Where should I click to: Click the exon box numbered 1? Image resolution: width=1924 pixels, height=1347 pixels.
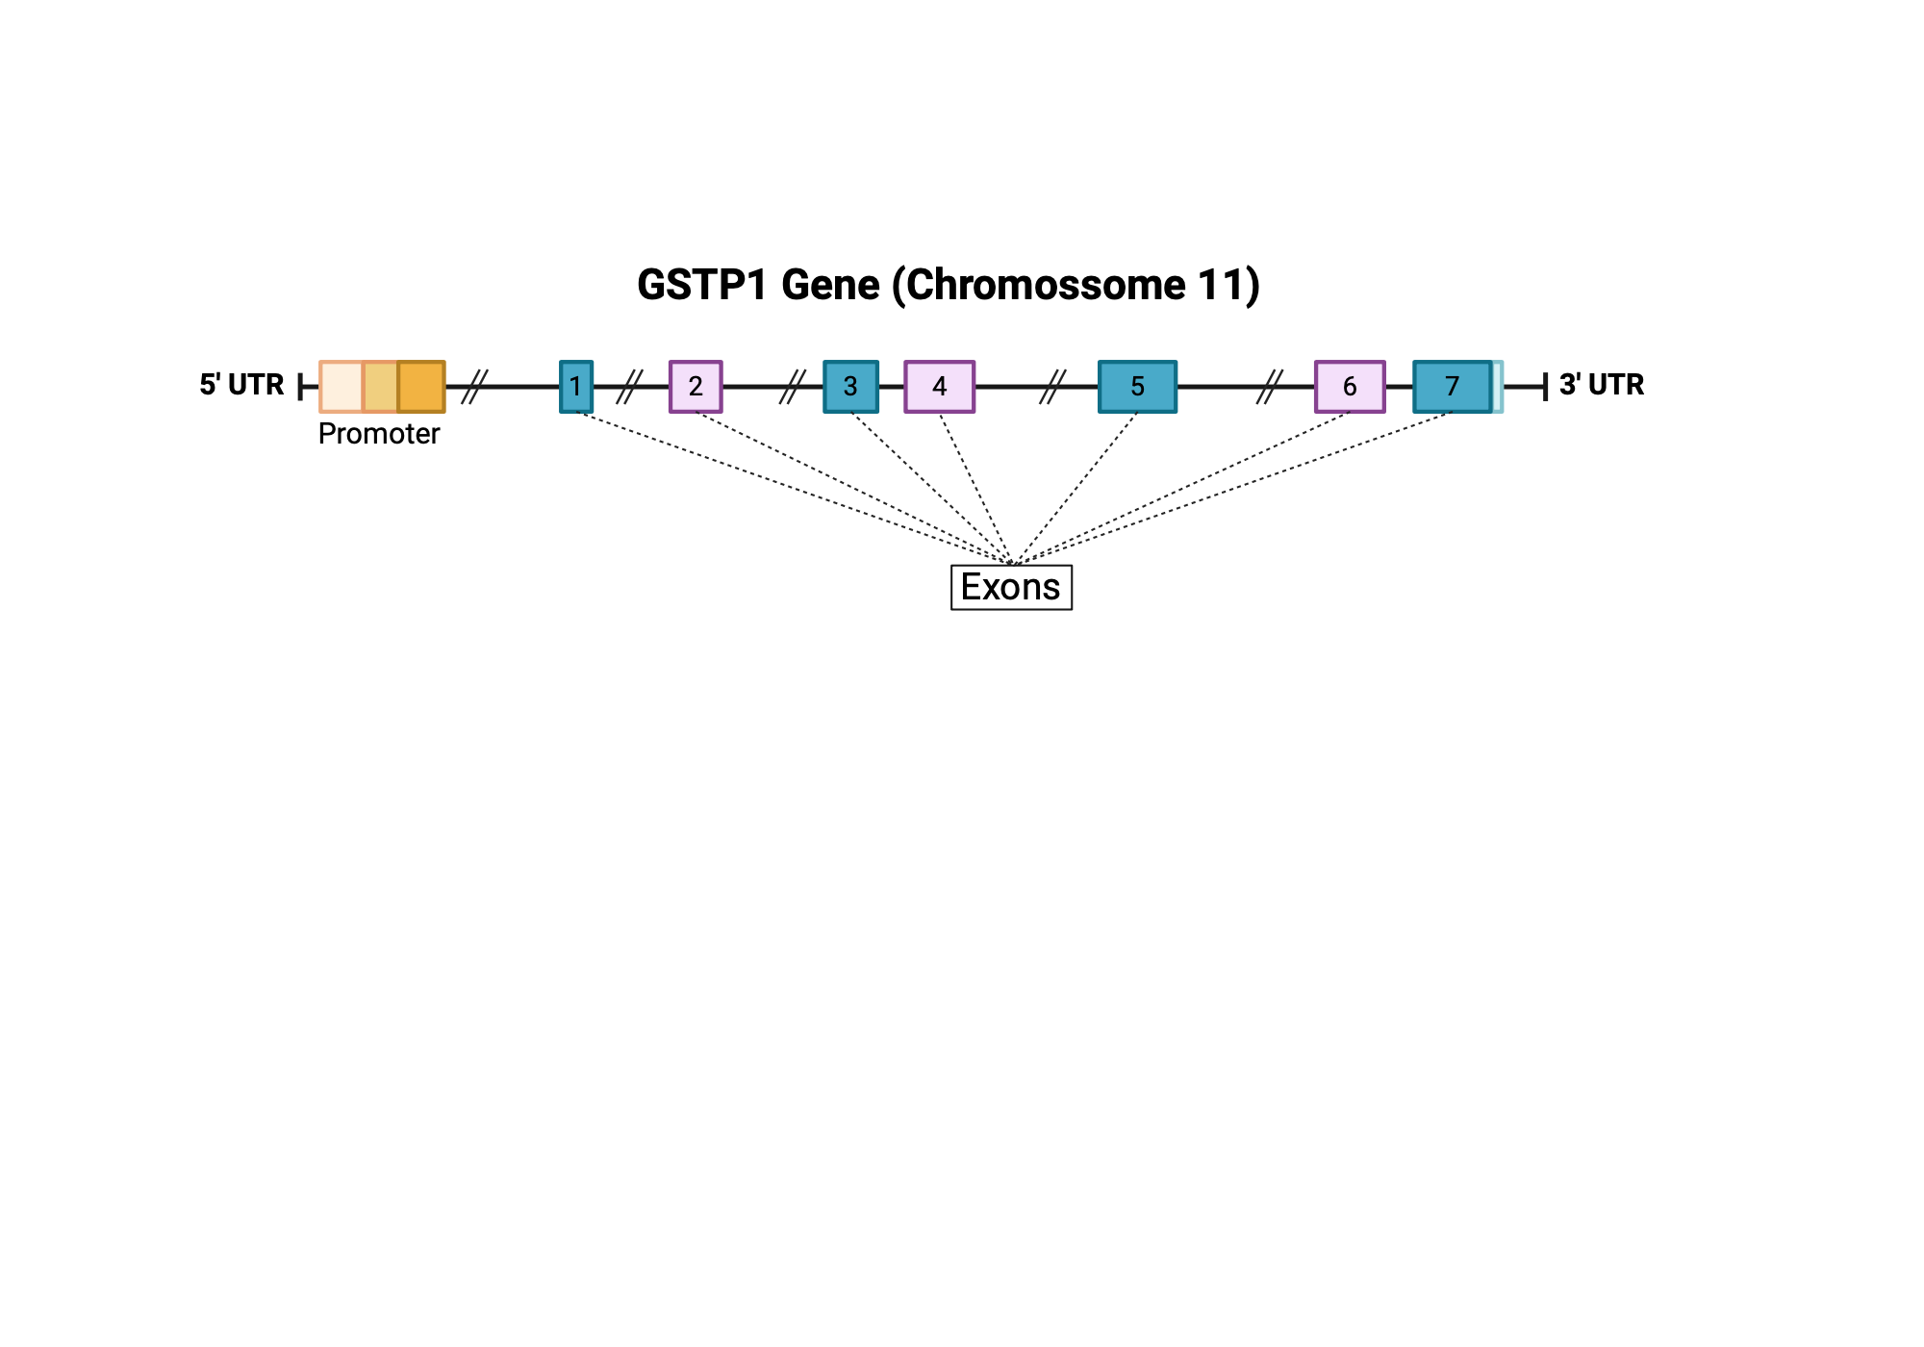575,387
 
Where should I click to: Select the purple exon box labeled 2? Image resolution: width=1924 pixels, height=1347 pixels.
696,387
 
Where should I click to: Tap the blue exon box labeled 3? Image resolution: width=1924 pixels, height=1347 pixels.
850,387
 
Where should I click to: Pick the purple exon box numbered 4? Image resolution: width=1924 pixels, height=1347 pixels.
939,387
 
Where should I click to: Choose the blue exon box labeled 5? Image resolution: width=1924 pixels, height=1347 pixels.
1137,387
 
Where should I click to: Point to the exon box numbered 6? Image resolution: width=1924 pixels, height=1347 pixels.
1350,387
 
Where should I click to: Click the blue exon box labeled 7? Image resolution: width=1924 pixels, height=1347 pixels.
1452,387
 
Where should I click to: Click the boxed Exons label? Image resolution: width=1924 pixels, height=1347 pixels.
1011,587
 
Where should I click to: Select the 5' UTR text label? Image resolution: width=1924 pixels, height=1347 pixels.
241,385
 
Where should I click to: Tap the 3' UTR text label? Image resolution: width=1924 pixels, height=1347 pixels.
1601,385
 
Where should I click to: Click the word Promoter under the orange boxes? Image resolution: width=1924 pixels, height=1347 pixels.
378,434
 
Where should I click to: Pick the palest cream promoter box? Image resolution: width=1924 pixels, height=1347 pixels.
341,387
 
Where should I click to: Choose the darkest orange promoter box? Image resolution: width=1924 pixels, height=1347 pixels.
421,387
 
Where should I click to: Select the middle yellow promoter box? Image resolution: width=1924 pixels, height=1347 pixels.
380,387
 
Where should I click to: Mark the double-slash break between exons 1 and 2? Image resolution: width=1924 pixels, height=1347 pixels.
629,387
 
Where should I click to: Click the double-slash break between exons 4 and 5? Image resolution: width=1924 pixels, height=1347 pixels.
1052,387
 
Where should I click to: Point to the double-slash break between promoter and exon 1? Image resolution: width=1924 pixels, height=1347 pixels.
474,387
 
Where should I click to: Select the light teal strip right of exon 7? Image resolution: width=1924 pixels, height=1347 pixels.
1498,387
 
